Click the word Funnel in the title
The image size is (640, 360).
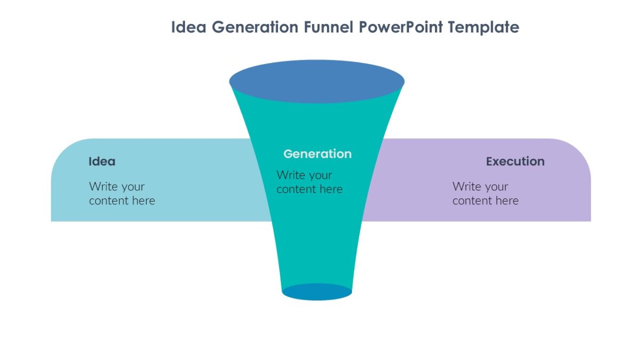click(x=329, y=27)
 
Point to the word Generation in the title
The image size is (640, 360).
click(x=255, y=27)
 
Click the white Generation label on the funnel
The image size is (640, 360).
click(x=317, y=154)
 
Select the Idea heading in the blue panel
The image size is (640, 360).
click(x=102, y=162)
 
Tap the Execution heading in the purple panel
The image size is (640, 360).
click(x=515, y=162)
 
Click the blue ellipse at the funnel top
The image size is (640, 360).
click(x=317, y=82)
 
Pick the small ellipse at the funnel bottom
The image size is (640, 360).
click(x=317, y=292)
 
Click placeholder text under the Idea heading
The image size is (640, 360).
click(x=122, y=194)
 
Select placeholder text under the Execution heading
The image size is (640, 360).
click(x=485, y=194)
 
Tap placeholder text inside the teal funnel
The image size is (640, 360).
click(x=309, y=182)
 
